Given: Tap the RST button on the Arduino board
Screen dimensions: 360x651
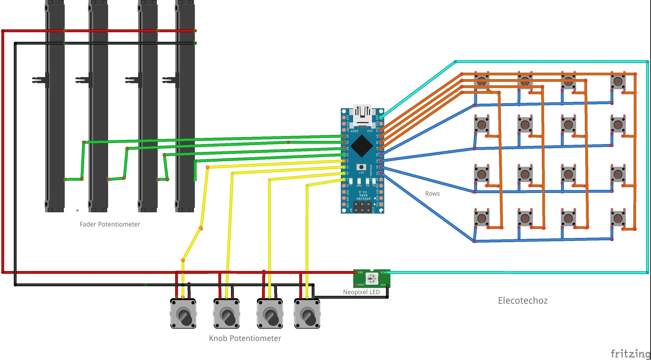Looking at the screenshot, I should pos(361,167).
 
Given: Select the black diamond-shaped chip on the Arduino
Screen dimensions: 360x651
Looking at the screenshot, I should pos(362,146).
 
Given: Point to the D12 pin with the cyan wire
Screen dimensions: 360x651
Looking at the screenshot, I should pos(381,117).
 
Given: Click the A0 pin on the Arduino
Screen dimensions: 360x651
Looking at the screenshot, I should pos(344,136).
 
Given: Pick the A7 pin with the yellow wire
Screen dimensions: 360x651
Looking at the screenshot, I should pos(344,179).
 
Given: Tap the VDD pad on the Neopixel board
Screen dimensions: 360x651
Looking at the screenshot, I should pos(356,272).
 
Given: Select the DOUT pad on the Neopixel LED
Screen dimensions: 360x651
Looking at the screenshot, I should pos(356,285).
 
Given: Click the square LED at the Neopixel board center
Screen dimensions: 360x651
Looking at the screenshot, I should pos(372,279).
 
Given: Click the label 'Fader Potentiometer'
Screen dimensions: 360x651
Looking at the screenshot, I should pos(110,224).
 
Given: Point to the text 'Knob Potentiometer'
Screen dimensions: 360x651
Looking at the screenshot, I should pos(245,338).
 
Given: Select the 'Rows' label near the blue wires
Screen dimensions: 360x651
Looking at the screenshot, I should pos(432,193).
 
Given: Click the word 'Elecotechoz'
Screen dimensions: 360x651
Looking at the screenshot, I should pos(523,301).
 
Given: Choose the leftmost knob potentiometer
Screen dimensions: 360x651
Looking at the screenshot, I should pos(183,314).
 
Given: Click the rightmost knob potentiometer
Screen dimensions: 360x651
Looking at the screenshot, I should pos(307,314).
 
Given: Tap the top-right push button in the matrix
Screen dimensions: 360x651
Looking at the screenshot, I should pos(618,81).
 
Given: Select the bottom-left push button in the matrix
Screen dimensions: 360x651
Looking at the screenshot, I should pos(481,218).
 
